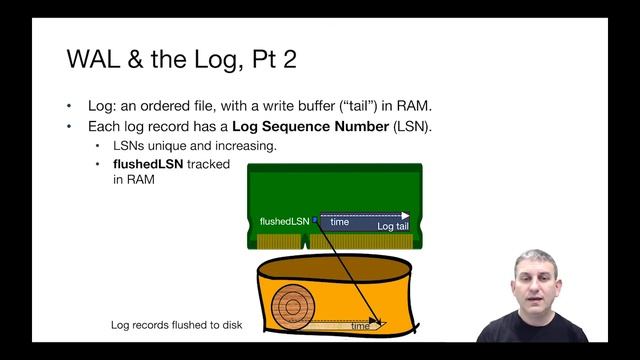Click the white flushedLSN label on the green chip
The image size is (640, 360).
(x=284, y=220)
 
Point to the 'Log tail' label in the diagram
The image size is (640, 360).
(x=392, y=227)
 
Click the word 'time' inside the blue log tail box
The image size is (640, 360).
(x=340, y=222)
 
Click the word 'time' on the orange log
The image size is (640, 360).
(x=360, y=326)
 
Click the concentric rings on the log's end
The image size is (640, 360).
(x=294, y=306)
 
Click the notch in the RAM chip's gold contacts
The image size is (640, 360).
(x=305, y=241)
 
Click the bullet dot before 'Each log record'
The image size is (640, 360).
(x=70, y=127)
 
